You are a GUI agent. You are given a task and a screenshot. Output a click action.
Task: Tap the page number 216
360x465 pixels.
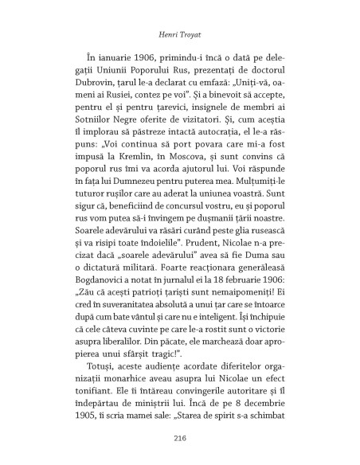tap(179, 436)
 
